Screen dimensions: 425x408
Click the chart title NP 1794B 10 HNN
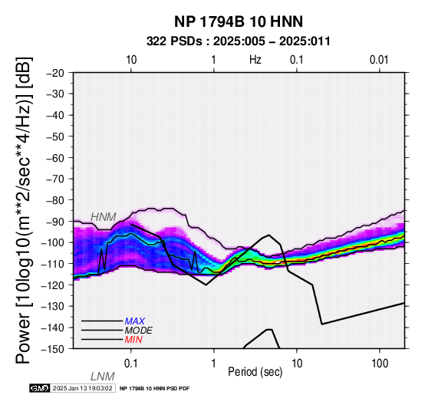pos(239,21)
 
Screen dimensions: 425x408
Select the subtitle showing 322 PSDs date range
pos(239,41)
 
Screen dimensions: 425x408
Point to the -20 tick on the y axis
pos(55,73)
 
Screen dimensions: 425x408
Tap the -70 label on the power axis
pos(55,179)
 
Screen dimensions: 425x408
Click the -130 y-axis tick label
pos(53,307)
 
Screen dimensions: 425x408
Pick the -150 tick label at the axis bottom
pos(53,349)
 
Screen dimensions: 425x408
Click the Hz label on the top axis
pos(255,60)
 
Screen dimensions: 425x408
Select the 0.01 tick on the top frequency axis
pos(379,60)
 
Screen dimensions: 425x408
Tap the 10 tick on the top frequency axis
pos(131,60)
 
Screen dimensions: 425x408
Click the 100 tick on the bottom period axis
pos(380,364)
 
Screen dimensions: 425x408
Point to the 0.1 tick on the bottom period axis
pos(130,364)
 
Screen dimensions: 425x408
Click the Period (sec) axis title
pos(255,372)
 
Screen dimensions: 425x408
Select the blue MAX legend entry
pos(135,321)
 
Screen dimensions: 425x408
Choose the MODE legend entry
pos(139,331)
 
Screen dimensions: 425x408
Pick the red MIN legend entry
pos(133,340)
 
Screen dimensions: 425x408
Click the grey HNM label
pos(104,217)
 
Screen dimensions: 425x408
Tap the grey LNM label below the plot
pos(103,377)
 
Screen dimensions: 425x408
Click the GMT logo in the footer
pos(40,388)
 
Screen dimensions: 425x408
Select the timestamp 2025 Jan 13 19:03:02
pos(82,388)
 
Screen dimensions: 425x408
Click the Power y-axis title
pos(24,210)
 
